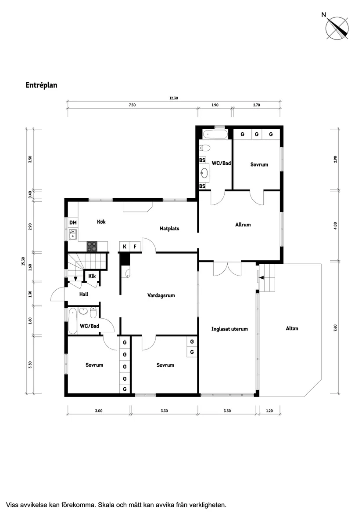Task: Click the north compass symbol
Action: (337, 28)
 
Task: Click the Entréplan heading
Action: (41, 85)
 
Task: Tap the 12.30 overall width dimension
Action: (174, 98)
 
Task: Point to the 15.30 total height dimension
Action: (22, 262)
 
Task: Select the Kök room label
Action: (101, 222)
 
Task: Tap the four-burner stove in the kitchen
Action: (92, 246)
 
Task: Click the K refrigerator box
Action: (125, 247)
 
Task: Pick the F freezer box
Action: (135, 247)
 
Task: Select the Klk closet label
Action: (92, 276)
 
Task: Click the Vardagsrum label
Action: (161, 295)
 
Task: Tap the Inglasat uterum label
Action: (229, 329)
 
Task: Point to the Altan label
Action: (292, 328)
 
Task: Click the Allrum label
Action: (243, 225)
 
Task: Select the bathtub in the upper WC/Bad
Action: (215, 134)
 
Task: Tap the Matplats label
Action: (169, 229)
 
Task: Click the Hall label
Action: (84, 294)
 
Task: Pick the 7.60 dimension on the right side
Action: (335, 328)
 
